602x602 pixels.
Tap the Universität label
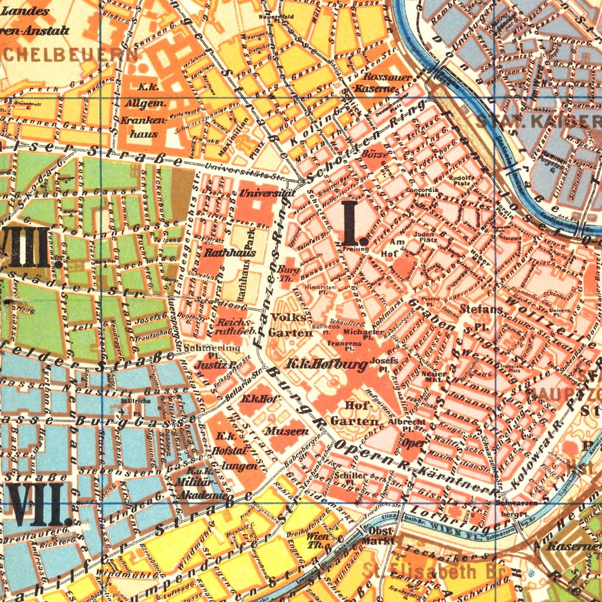tap(259, 193)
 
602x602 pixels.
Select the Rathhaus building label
tap(224, 253)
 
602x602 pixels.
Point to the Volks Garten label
tap(290, 325)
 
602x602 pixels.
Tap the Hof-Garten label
tap(355, 414)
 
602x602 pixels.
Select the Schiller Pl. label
tap(346, 478)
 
